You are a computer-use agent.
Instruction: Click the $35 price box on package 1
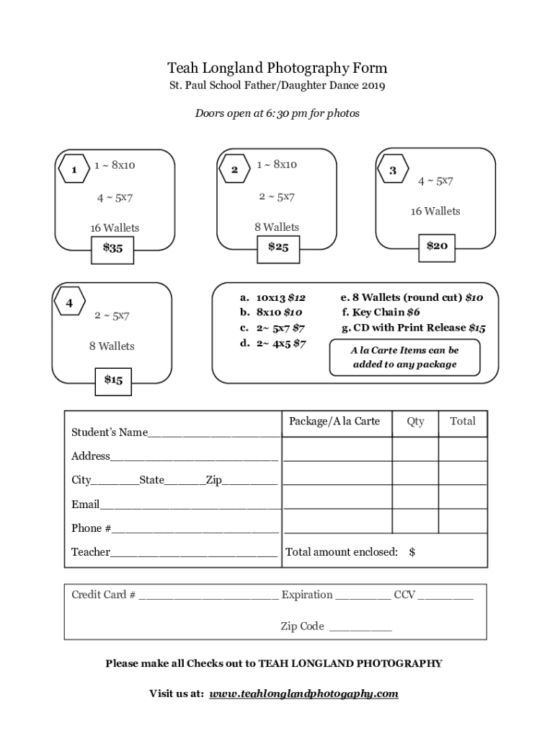point(112,248)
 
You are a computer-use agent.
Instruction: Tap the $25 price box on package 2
point(277,248)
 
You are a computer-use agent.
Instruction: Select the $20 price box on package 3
point(437,246)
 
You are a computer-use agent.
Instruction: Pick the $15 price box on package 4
point(112,380)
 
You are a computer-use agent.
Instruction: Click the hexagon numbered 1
point(74,170)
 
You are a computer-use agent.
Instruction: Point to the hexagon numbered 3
point(393,170)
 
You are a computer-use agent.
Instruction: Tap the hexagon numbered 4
point(69,303)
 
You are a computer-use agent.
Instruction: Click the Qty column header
point(415,421)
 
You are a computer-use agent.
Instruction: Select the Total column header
point(463,421)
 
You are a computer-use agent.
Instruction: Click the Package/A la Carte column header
point(334,421)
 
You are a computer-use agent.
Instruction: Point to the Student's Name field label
point(109,432)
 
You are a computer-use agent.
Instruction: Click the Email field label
point(85,504)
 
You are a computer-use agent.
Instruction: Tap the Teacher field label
point(90,552)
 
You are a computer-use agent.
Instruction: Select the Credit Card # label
point(103,595)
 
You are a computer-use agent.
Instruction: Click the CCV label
point(404,595)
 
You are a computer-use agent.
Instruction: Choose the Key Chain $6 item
point(381,312)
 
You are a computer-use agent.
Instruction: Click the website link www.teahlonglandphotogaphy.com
point(303,694)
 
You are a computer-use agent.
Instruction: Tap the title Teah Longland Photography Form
point(277,69)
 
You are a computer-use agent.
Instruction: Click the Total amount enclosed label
point(342,552)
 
